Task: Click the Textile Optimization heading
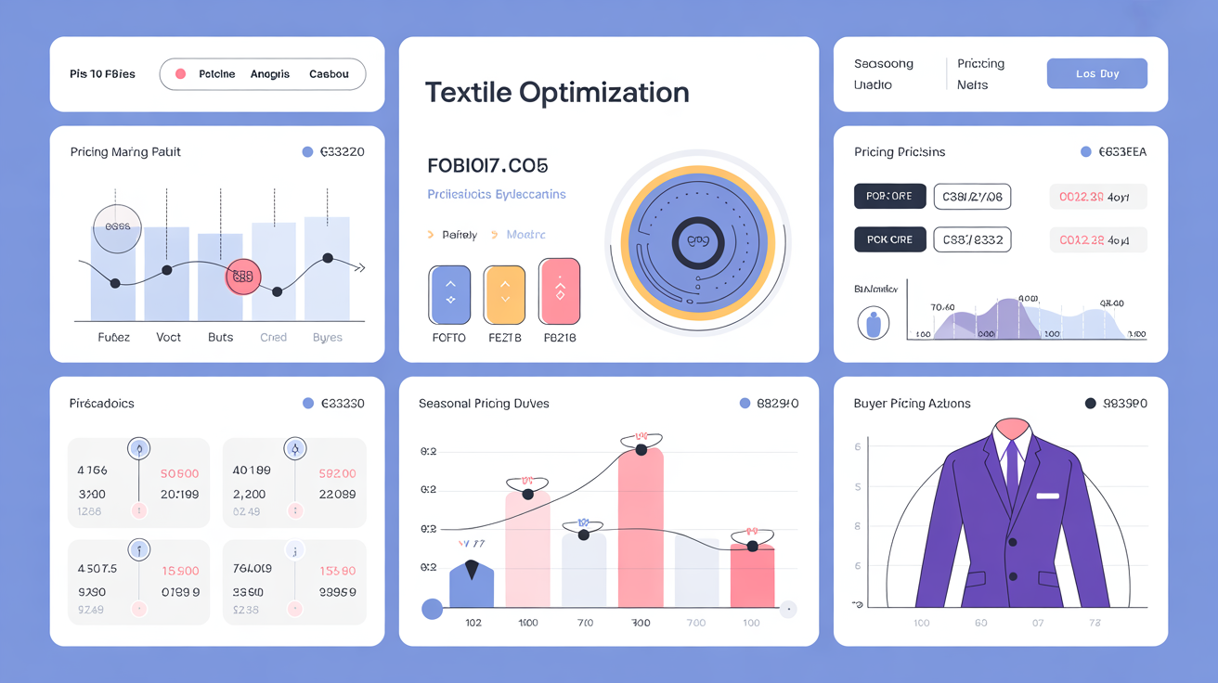point(557,93)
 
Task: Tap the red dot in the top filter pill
point(181,74)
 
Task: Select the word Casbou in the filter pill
point(329,74)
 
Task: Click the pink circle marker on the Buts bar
point(243,277)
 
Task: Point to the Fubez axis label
point(114,338)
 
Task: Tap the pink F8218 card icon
point(559,291)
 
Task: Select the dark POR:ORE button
point(889,197)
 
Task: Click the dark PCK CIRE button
point(889,239)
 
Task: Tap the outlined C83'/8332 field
point(972,239)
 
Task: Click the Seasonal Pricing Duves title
point(484,404)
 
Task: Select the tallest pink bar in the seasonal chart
point(641,529)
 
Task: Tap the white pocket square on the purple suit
point(1047,496)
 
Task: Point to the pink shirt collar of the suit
point(1011,428)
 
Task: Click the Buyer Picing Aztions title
point(912,404)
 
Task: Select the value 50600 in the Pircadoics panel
point(180,473)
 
